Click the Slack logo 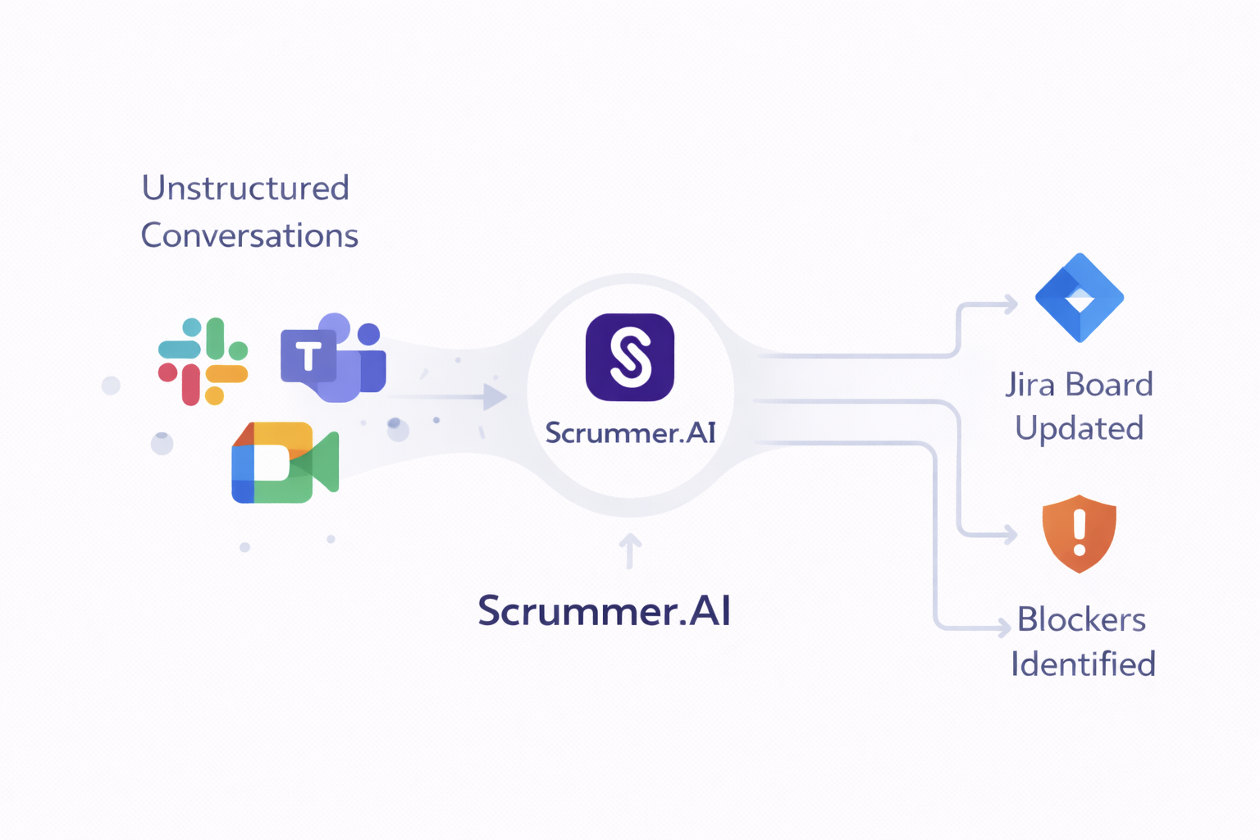[203, 362]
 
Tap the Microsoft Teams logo [333, 358]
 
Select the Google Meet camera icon [285, 463]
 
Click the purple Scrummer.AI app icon [630, 358]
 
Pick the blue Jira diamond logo [1080, 298]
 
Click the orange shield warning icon [1080, 533]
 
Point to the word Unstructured [245, 188]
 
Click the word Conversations [249, 235]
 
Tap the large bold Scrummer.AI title [604, 611]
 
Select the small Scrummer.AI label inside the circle [630, 432]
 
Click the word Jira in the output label [1030, 385]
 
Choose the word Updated [1079, 428]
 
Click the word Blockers [1081, 620]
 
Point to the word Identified [1083, 664]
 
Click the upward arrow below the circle [630, 550]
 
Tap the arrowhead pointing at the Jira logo [1011, 305]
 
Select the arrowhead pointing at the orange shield [1011, 535]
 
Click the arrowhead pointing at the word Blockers [1004, 628]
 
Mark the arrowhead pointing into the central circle [495, 397]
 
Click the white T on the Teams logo [308, 357]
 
